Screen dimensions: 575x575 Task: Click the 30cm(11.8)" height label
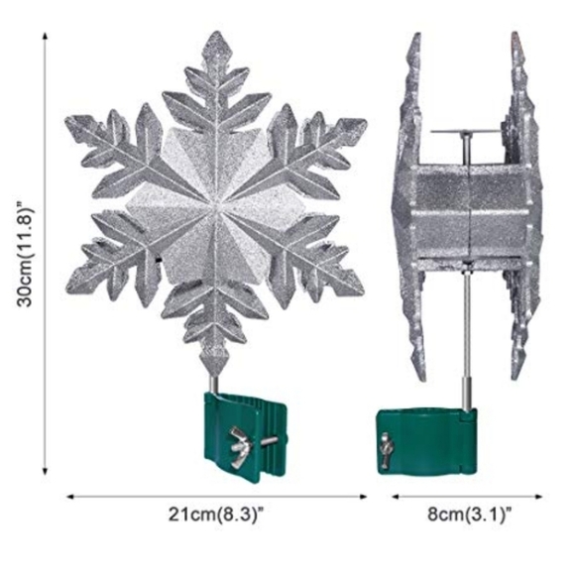pyautogui.click(x=26, y=252)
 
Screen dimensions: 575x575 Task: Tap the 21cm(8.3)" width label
pyautogui.click(x=217, y=515)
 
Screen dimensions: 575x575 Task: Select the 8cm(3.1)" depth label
pyautogui.click(x=469, y=515)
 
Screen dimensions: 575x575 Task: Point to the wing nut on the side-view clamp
pyautogui.click(x=385, y=450)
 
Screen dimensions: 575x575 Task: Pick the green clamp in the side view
pyautogui.click(x=427, y=441)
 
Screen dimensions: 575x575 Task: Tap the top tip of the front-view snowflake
pyautogui.click(x=218, y=32)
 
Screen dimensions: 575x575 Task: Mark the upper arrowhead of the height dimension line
pyautogui.click(x=45, y=36)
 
